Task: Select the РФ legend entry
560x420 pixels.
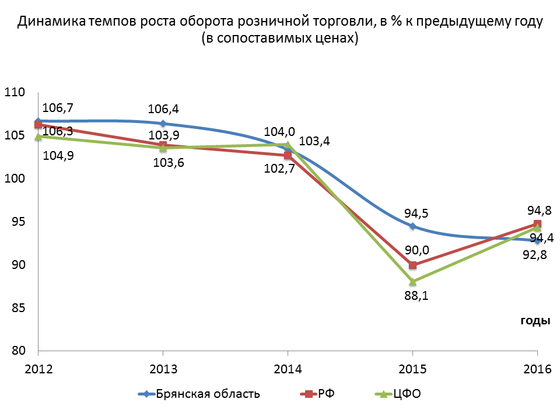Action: coord(325,394)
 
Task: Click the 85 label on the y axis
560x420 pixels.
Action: coord(16,308)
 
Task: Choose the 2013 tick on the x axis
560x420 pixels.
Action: coord(163,369)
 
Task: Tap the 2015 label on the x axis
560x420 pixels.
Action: coord(413,369)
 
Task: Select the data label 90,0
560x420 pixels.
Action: coord(418,250)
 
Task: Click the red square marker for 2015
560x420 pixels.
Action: coord(413,265)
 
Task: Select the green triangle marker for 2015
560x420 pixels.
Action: coord(413,281)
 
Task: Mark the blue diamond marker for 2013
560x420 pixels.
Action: coord(163,124)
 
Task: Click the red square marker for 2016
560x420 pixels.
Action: coord(537,224)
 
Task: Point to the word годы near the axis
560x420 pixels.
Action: coord(534,321)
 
